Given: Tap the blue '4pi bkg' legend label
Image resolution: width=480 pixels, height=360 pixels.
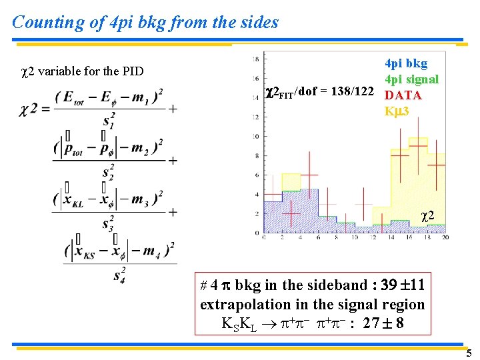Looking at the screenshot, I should [x=406, y=63].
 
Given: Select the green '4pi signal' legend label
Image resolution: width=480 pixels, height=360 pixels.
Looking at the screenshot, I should [x=411, y=79].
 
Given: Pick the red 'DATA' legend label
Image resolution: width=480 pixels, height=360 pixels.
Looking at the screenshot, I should [x=403, y=95].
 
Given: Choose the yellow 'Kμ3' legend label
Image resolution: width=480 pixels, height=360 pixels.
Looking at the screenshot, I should [x=397, y=111].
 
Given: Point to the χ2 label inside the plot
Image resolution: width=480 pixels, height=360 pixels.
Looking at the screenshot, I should [x=429, y=216].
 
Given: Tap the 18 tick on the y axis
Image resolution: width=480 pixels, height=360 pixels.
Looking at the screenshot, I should [x=256, y=59].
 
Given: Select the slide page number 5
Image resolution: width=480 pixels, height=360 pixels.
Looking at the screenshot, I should [x=469, y=353].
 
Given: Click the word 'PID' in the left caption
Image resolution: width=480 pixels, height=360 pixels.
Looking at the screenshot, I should [x=131, y=71].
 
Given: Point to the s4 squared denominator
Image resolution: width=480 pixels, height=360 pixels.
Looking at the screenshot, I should [x=119, y=274].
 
